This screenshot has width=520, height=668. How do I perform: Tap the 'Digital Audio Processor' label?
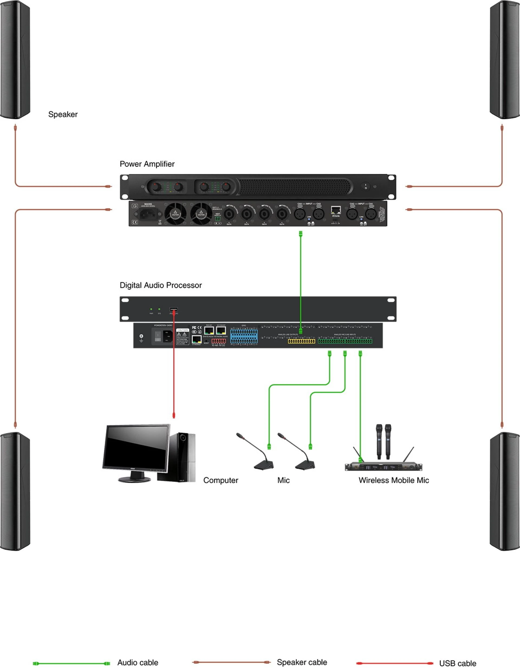161,285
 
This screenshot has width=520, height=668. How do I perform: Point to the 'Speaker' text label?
63,114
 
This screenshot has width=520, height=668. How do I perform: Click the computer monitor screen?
136,447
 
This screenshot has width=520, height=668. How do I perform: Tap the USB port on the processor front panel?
173,309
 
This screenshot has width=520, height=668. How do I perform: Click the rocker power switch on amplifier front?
366,186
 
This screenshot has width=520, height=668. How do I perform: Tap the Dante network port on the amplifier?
336,210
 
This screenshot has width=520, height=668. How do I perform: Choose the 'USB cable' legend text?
458,663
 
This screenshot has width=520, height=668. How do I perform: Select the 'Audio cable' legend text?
138,663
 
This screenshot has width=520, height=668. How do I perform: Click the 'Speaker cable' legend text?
302,662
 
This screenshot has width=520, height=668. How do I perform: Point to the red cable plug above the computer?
174,415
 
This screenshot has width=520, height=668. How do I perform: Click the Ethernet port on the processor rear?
197,339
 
